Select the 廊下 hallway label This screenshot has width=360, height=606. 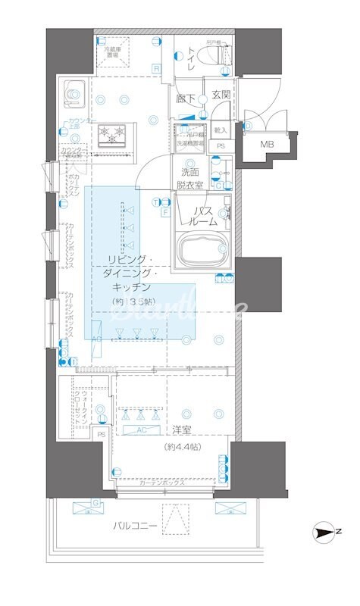click(x=186, y=98)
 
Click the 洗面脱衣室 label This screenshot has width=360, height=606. click(x=189, y=178)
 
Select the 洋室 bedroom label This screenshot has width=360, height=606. click(x=181, y=430)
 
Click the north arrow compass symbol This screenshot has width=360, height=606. click(x=327, y=535)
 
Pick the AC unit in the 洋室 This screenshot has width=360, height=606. click(x=142, y=430)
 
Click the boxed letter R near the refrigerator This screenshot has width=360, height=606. click(x=155, y=69)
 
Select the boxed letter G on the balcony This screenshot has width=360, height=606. click(x=96, y=502)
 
